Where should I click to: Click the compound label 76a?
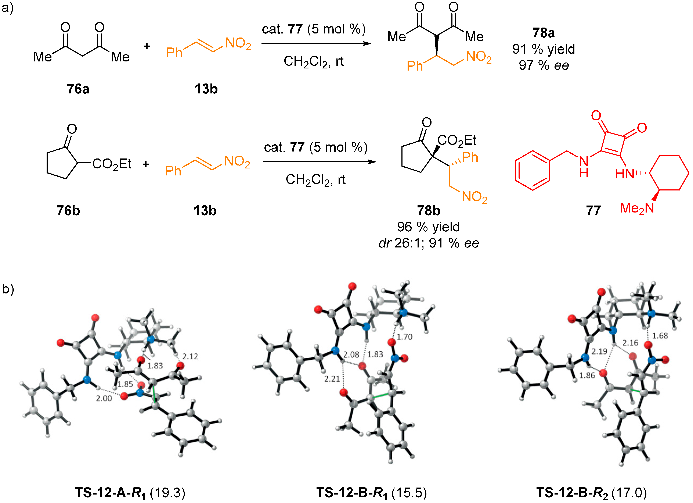tap(78, 89)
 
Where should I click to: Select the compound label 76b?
tap(68, 211)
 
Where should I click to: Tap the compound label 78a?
tap(543, 33)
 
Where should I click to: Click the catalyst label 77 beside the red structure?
tap(593, 211)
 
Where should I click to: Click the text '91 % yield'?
tap(544, 49)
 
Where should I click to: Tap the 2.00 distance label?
tap(104, 398)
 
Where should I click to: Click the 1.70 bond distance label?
tap(405, 337)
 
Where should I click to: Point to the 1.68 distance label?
tap(660, 336)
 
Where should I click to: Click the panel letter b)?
tap(8, 289)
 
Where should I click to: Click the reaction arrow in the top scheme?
tap(316, 44)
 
